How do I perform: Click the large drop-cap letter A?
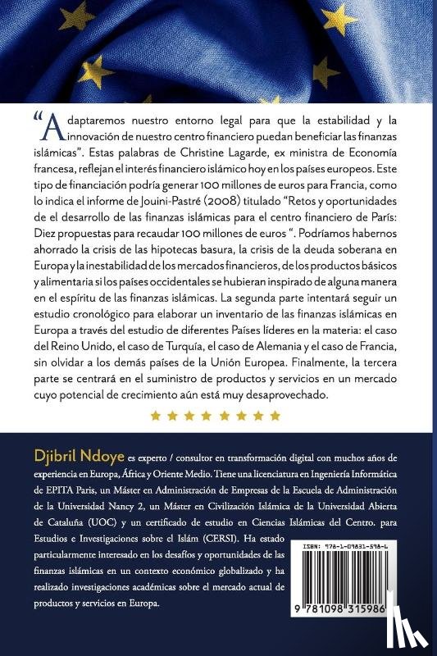(51, 124)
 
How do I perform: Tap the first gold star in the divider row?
(155, 416)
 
